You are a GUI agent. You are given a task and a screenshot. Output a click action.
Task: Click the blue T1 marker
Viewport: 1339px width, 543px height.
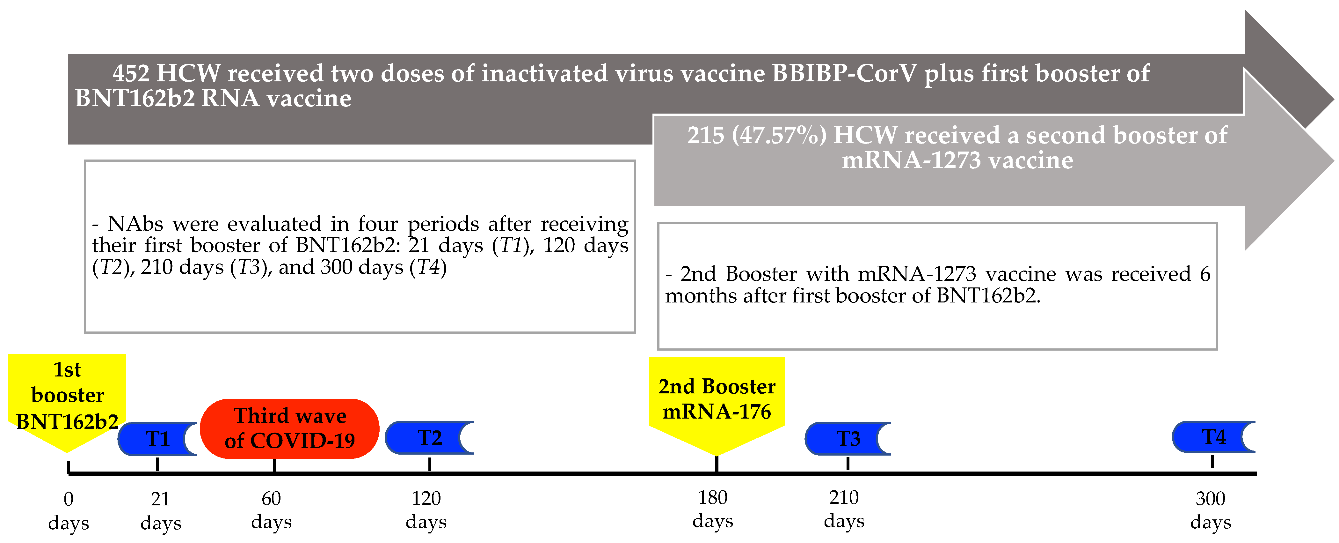pyautogui.click(x=157, y=439)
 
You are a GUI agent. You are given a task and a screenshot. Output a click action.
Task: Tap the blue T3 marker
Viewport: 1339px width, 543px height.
pyautogui.click(x=848, y=438)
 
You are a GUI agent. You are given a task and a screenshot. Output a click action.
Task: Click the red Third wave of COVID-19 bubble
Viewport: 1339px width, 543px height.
pyautogui.click(x=289, y=428)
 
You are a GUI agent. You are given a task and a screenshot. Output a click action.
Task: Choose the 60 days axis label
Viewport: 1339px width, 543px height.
pyautogui.click(x=271, y=510)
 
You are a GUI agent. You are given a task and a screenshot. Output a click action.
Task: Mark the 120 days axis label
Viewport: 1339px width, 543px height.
pyautogui.click(x=426, y=510)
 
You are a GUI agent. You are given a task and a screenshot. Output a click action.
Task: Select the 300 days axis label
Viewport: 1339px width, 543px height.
pyautogui.click(x=1211, y=510)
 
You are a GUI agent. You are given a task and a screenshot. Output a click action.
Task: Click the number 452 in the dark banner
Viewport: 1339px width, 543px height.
pyautogui.click(x=131, y=73)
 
